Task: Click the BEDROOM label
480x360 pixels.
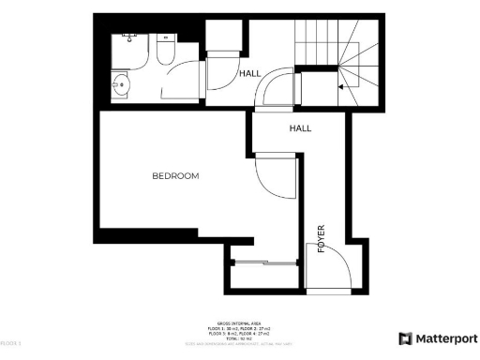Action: pyautogui.click(x=176, y=175)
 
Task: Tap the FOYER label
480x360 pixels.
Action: pyautogui.click(x=322, y=238)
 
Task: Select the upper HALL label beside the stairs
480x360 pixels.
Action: pyautogui.click(x=250, y=73)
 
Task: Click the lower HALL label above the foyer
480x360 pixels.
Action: pyautogui.click(x=300, y=128)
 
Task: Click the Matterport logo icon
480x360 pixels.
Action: pyautogui.click(x=405, y=338)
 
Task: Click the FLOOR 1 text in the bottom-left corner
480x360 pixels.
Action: pyautogui.click(x=11, y=344)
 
